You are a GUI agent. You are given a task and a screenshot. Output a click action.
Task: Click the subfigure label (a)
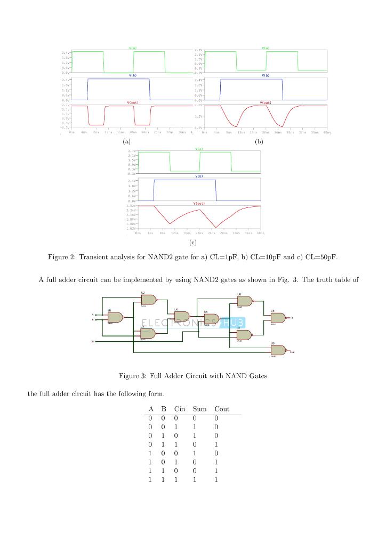tap(126, 142)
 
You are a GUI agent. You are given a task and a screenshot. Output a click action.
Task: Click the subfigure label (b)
tap(259, 142)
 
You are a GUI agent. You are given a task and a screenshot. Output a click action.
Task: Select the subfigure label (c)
tap(192, 243)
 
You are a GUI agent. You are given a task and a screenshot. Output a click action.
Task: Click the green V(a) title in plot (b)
tap(265, 48)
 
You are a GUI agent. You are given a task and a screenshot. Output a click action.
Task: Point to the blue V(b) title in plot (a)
tap(132, 75)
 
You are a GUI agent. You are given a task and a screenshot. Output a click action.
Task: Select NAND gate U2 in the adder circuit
tap(148, 300)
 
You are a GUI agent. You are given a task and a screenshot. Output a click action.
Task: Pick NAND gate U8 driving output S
tap(277, 317)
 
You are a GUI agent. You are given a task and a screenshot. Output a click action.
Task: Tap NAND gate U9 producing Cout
tap(277, 350)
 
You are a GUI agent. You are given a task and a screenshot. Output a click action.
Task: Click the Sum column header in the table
tap(200, 409)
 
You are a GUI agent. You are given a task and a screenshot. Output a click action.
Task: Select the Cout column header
tap(222, 409)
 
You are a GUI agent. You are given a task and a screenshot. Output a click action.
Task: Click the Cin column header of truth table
tap(180, 409)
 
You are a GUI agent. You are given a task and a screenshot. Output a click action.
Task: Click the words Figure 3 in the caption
tap(132, 376)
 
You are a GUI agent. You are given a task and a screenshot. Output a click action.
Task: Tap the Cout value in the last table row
tap(216, 480)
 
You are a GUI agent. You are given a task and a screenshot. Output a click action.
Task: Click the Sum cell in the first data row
tap(195, 419)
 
